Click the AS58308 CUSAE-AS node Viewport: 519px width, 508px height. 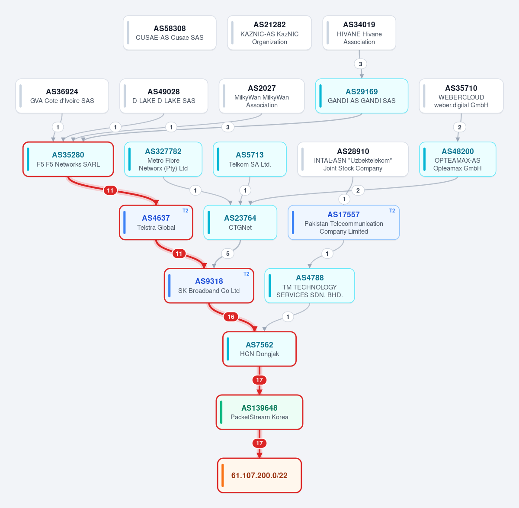tap(170, 33)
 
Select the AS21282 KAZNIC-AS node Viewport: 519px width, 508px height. tap(269, 33)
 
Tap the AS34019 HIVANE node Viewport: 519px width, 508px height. tap(359, 33)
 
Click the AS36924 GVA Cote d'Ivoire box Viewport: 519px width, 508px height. tap(62, 96)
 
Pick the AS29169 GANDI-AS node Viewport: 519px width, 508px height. tap(362, 96)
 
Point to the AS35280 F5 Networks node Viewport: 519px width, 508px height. tap(68, 159)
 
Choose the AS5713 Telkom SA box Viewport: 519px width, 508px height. tap(250, 159)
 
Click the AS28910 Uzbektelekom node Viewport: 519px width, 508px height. tap(353, 159)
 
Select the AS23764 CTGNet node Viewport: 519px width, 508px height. tap(240, 222)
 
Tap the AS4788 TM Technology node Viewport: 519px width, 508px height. tap(309, 286)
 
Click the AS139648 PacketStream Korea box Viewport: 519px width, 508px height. tap(259, 412)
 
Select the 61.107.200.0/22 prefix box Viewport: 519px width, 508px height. tap(259, 476)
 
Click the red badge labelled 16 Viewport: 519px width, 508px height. tap(231, 317)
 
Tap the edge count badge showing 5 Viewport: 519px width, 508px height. tap(227, 254)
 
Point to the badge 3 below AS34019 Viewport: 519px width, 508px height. tap(360, 64)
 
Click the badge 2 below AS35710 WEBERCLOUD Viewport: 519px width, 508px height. tap(459, 127)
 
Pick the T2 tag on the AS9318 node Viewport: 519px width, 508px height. tap(246, 274)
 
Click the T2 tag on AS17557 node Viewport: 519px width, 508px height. tap(392, 210)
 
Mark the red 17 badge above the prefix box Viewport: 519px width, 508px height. tap(259, 443)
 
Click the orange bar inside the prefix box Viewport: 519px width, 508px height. tap(222, 476)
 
